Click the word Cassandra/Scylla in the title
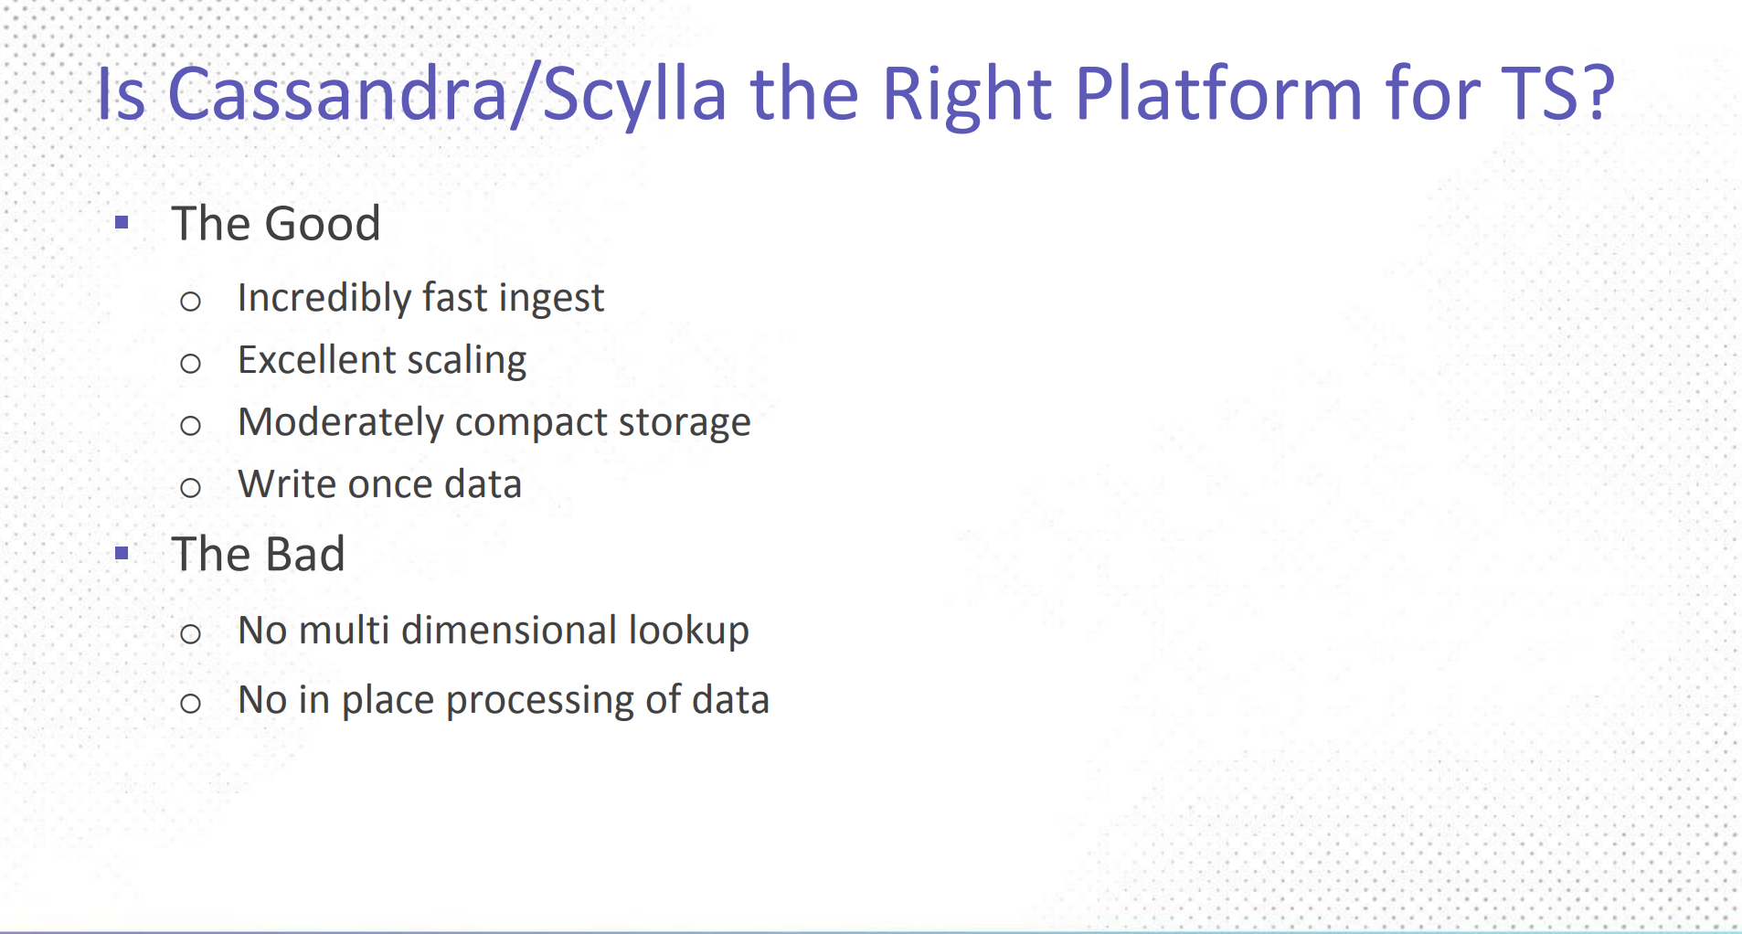(x=448, y=95)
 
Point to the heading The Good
(x=276, y=223)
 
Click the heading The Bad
(x=259, y=554)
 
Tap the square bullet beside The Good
(x=122, y=222)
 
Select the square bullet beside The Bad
(x=122, y=553)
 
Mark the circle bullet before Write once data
(x=190, y=487)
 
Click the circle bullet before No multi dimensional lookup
(x=190, y=633)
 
